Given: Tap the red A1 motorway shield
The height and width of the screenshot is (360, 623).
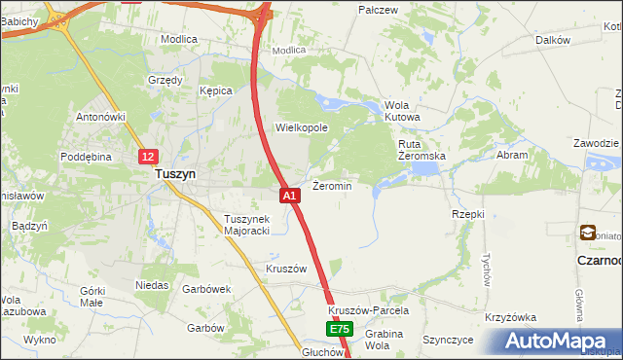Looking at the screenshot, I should (x=289, y=196).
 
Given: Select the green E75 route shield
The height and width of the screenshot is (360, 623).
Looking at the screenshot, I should (x=338, y=330).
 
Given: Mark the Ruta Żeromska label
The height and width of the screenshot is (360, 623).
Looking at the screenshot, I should (x=421, y=149).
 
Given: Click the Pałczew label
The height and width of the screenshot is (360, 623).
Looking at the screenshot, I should (x=379, y=10).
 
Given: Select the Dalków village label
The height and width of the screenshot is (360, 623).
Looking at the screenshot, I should (x=552, y=40).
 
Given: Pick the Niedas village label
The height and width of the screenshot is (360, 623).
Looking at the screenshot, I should (x=153, y=286).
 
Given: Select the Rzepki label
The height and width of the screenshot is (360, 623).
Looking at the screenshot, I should (x=468, y=213).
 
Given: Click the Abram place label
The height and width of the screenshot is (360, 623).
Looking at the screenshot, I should (x=512, y=155).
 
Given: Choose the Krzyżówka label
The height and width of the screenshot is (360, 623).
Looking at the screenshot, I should (x=511, y=318).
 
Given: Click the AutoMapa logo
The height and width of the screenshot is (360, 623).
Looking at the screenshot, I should (x=561, y=341).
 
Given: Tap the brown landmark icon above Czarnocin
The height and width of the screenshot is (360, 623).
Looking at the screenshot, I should (x=588, y=233).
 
